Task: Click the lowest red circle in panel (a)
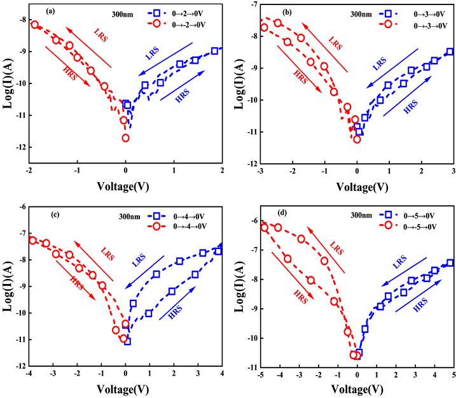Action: (125, 138)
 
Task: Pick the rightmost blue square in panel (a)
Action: (214, 51)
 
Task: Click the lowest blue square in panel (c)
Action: (127, 341)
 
